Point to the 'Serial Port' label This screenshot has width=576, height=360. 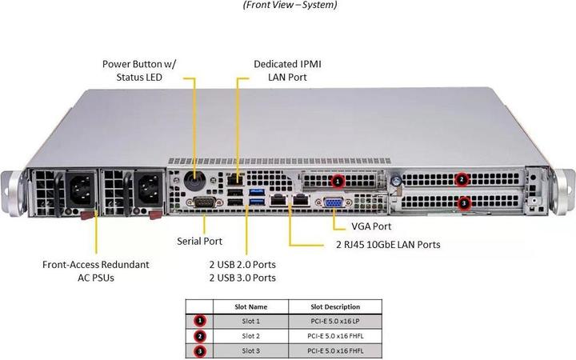[x=200, y=240]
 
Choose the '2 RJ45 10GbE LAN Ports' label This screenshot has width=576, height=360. [x=387, y=244]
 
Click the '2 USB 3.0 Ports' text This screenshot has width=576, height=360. [x=242, y=278]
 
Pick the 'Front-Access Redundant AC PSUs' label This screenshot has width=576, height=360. [x=96, y=270]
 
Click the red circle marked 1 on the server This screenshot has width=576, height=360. [x=338, y=182]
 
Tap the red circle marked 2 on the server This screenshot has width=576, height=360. [x=462, y=180]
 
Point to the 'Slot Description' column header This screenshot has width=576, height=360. [x=335, y=306]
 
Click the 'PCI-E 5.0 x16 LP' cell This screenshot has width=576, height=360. [x=335, y=321]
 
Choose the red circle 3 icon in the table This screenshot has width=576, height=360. [x=199, y=350]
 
